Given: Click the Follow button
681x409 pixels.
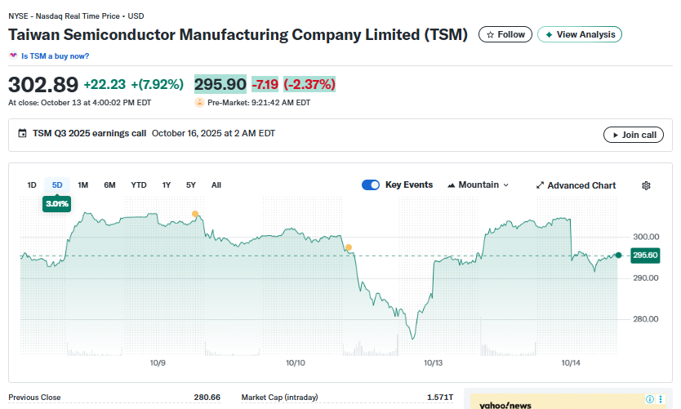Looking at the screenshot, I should click(x=505, y=34).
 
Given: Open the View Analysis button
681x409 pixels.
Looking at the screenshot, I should click(x=580, y=34).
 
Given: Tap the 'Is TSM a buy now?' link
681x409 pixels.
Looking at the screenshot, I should click(x=55, y=56).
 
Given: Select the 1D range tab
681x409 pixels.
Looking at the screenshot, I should click(x=32, y=185).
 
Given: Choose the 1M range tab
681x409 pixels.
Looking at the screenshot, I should click(x=83, y=185).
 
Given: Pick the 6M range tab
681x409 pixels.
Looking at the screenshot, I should click(x=109, y=185).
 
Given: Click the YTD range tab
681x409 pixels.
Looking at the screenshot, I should click(x=139, y=185).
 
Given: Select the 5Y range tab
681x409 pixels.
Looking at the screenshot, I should click(x=191, y=185).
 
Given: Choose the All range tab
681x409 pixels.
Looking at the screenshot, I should click(x=216, y=185).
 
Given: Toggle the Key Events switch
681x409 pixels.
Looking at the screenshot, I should click(x=371, y=185).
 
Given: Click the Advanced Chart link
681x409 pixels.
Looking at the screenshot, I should click(x=576, y=185).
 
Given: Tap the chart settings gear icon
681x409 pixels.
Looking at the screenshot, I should click(x=646, y=185).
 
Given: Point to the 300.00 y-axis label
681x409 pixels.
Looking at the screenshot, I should click(x=646, y=237).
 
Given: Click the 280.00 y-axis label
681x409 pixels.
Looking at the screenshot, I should click(x=646, y=319).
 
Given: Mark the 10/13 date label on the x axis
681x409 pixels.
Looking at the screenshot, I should click(x=433, y=362).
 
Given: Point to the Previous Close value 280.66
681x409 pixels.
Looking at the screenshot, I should click(x=207, y=398).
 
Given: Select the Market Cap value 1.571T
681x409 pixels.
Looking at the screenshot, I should click(x=439, y=398).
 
